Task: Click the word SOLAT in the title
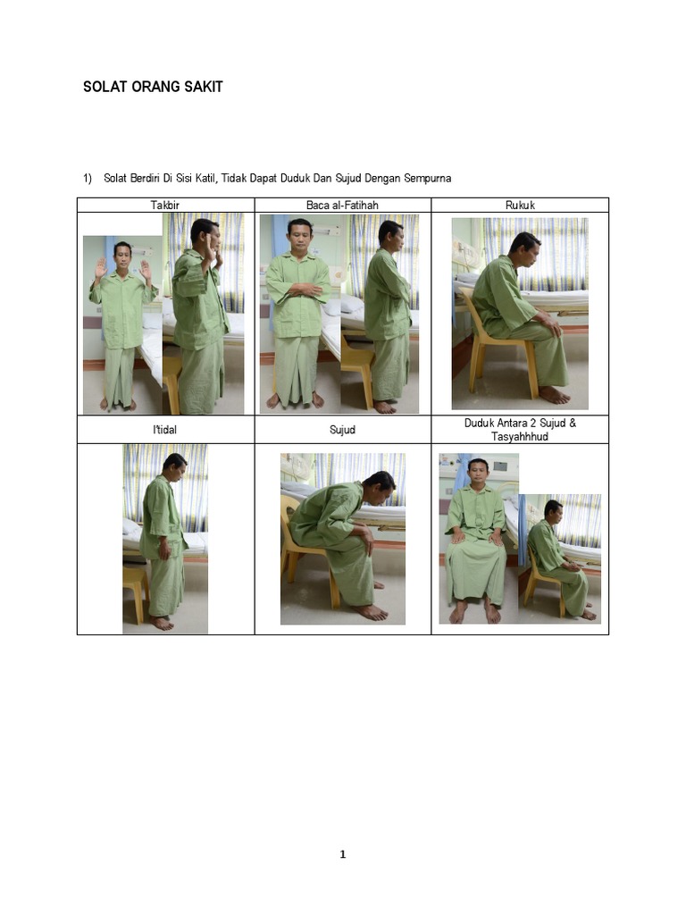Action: (105, 87)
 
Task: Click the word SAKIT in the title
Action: (204, 87)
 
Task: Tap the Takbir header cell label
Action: (165, 206)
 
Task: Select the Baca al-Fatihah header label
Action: (342, 206)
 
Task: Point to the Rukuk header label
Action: (521, 206)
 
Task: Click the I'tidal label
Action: (165, 430)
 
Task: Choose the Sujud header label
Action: (342, 430)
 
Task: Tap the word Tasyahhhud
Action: (520, 437)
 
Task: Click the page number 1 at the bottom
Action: (343, 854)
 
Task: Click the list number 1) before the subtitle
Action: (88, 179)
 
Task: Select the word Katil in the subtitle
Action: (206, 178)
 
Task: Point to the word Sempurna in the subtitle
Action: (428, 179)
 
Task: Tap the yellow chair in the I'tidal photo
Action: (136, 592)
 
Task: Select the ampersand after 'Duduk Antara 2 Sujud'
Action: (573, 424)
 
